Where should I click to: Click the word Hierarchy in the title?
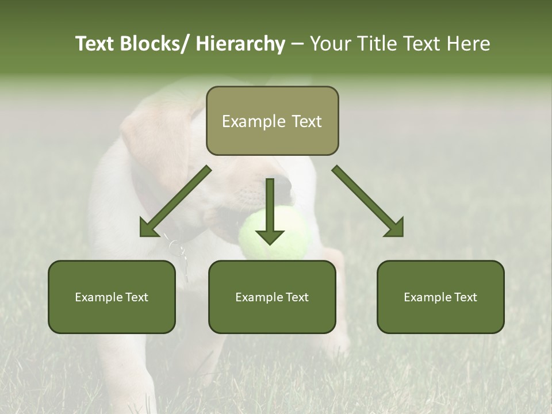240,44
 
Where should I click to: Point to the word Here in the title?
468,44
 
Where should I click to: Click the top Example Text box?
272,121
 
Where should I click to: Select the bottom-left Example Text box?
112,297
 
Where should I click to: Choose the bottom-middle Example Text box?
272,297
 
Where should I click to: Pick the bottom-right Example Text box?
440,297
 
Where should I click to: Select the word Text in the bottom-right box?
463,297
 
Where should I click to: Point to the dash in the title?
297,45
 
